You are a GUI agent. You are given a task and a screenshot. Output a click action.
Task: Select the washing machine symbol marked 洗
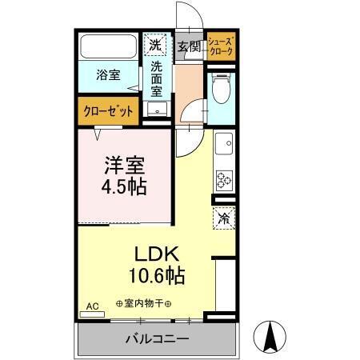coord(155,44)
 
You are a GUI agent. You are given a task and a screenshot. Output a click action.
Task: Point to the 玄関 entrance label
coord(189,46)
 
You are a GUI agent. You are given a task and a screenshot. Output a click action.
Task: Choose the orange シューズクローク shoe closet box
coord(221,46)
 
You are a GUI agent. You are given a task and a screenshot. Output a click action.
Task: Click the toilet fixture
coord(222,94)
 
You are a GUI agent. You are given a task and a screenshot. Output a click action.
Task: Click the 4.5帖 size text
coord(123,190)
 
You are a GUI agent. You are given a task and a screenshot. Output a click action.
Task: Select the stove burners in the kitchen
coord(225,180)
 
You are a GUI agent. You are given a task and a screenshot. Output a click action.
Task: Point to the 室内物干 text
coord(148,303)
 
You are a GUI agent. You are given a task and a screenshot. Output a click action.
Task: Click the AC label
coord(90,306)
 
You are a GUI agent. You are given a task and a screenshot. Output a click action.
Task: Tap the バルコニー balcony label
coord(157,339)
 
